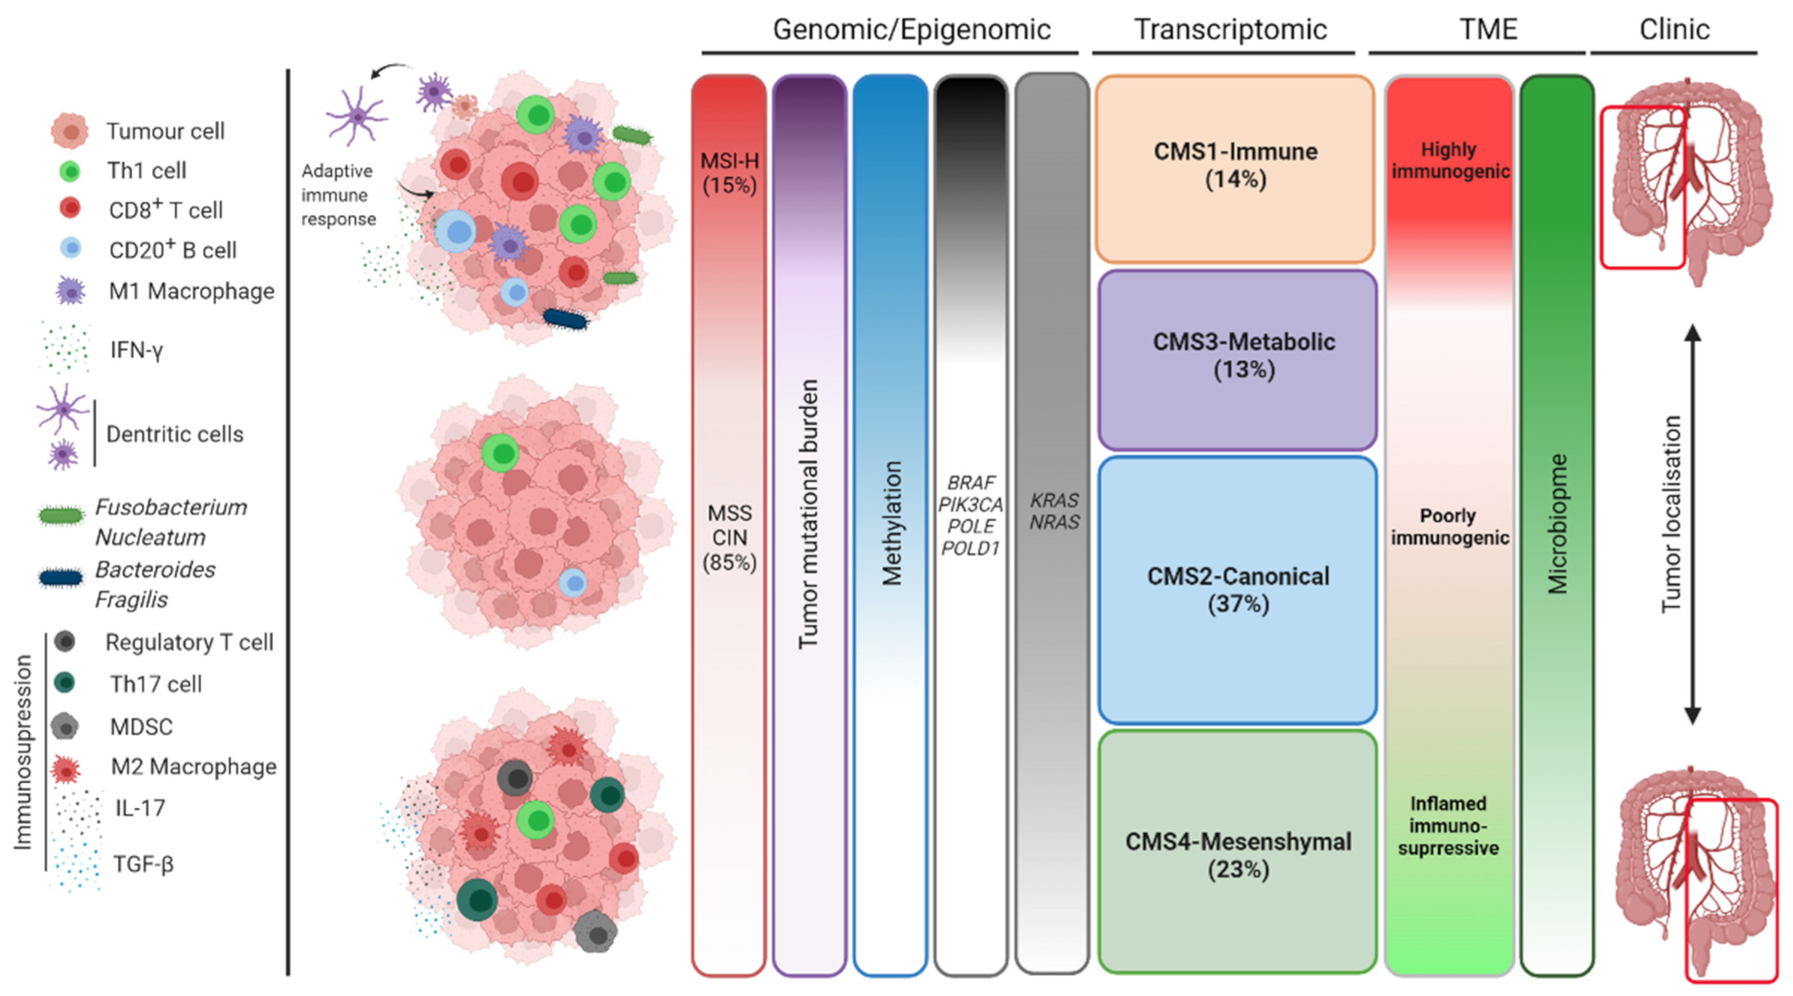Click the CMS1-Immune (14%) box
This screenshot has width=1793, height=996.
(1234, 168)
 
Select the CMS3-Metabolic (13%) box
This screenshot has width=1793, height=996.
(1238, 359)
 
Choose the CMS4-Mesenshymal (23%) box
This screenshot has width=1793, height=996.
(1238, 853)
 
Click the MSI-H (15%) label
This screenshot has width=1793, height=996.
(729, 173)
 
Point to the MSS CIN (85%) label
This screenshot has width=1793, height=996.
(729, 537)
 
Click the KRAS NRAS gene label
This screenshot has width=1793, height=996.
(1054, 512)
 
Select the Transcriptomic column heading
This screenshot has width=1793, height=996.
(1230, 30)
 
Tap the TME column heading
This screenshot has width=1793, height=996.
(1488, 30)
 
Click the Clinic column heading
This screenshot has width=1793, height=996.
(1673, 30)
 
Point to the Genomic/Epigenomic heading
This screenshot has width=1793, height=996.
(911, 30)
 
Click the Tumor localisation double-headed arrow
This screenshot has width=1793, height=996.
(1692, 525)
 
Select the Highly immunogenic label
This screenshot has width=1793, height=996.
(1449, 161)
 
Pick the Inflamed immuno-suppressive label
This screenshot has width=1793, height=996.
(1448, 825)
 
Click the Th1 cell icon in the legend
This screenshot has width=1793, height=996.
(70, 171)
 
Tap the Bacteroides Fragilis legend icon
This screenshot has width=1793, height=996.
(60, 578)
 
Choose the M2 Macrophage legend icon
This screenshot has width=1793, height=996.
(66, 769)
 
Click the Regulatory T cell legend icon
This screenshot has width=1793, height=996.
(64, 642)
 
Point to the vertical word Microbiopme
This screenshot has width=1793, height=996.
(1557, 525)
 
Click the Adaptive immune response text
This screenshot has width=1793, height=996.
(338, 195)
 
